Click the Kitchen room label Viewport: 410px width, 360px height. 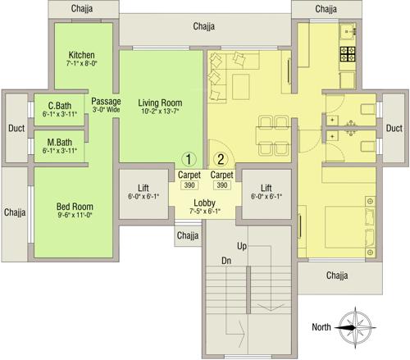[82, 54]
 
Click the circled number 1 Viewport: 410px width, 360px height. [189, 159]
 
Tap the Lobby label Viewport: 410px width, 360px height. [205, 202]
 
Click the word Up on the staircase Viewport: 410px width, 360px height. [242, 246]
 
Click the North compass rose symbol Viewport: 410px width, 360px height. [355, 326]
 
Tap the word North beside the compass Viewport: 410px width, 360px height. [321, 327]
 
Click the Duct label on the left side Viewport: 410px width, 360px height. [15, 129]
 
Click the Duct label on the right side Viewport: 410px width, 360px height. [394, 129]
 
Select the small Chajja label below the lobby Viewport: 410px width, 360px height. [188, 236]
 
